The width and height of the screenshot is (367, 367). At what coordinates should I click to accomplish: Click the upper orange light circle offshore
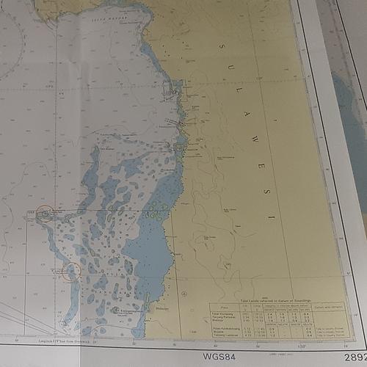pyautogui.click(x=45, y=214)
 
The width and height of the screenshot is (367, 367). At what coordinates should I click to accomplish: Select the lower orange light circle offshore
pyautogui.click(x=72, y=272)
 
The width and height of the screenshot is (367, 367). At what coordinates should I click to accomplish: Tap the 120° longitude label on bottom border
pyautogui.click(x=280, y=341)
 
